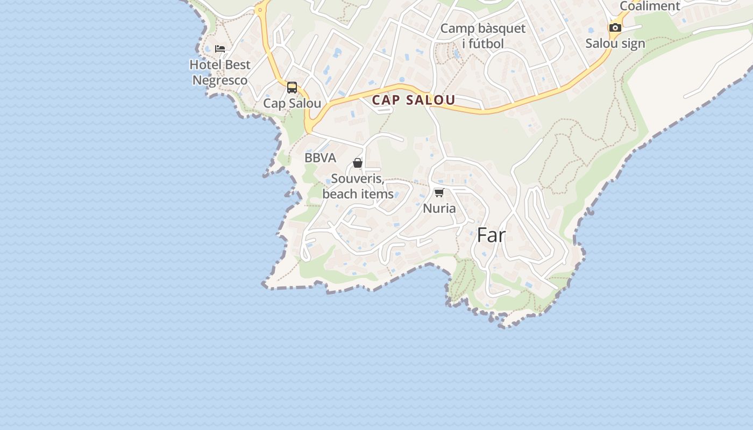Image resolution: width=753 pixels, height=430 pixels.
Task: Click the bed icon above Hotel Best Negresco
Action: pos(220,48)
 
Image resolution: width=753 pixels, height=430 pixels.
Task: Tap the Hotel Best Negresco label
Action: pos(220,73)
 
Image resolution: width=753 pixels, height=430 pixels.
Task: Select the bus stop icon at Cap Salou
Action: pos(292,88)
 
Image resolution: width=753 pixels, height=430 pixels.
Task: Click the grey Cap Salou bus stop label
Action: pos(292,104)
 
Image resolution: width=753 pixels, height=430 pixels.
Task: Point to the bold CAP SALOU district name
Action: pos(414,100)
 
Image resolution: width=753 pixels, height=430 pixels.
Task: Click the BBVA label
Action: pos(320,158)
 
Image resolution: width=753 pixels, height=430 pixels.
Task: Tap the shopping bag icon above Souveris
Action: pos(358,163)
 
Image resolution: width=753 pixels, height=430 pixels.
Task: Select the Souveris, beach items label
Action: pos(358,186)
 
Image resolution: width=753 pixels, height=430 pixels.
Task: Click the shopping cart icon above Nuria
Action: pos(439,192)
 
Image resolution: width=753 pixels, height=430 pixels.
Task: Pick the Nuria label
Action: pos(439,209)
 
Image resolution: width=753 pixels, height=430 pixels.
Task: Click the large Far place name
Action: pos(492,235)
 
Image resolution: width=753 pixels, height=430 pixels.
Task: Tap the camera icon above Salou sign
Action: pos(615,27)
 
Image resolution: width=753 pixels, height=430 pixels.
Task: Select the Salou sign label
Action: pos(615,44)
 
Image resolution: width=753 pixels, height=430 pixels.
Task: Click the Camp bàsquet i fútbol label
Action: pos(483,36)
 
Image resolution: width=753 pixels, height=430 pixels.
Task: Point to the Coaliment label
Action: pos(650,6)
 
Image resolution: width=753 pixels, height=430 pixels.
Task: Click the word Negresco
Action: pos(220,81)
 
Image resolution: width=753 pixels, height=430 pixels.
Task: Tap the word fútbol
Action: pos(486,44)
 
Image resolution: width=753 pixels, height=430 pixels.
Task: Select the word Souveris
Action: pos(357,178)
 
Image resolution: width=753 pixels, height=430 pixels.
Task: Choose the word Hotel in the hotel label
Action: pos(204,65)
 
